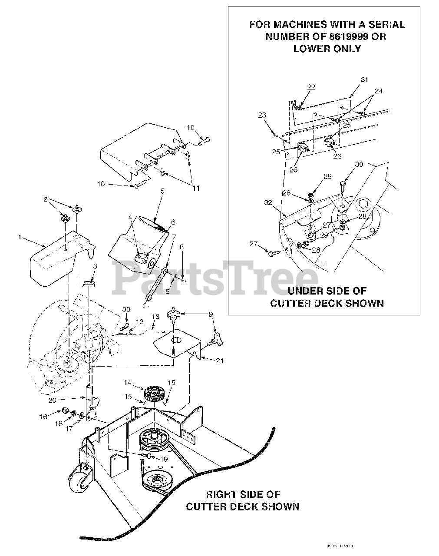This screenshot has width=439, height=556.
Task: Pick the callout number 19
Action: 163,458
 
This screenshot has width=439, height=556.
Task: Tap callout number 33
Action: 126,309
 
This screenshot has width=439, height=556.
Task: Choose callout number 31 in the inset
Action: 364,79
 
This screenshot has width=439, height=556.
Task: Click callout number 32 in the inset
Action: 267,202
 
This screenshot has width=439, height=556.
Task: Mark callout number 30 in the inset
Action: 359,164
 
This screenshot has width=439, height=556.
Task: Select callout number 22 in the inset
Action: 310,87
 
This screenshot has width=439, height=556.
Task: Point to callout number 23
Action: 262,115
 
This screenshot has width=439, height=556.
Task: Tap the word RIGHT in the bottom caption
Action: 221,494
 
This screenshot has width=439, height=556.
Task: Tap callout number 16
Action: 43,417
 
